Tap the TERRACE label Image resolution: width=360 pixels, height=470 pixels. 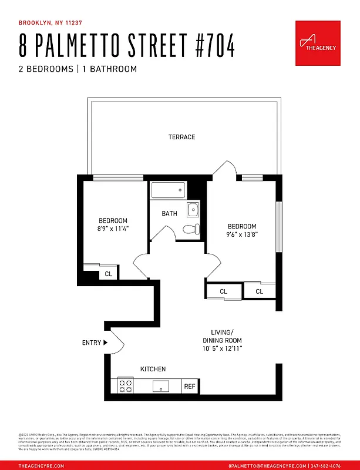click(x=181, y=137)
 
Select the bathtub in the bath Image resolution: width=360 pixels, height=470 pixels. click(x=168, y=190)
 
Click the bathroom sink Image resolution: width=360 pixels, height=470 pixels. click(x=193, y=209)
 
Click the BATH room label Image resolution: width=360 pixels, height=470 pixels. click(x=169, y=213)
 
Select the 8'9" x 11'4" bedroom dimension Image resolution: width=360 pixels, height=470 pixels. click(x=113, y=229)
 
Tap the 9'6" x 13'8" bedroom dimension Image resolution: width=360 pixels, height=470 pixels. click(x=243, y=234)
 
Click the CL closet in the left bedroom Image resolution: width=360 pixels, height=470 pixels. click(x=108, y=274)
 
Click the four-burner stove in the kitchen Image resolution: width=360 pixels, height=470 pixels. click(x=126, y=385)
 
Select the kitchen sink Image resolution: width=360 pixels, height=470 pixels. click(x=160, y=385)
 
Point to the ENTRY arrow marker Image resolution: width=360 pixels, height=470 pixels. click(x=106, y=343)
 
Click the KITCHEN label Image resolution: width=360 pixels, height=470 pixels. click(x=153, y=369)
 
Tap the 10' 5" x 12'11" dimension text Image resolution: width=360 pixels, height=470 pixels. click(x=222, y=348)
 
